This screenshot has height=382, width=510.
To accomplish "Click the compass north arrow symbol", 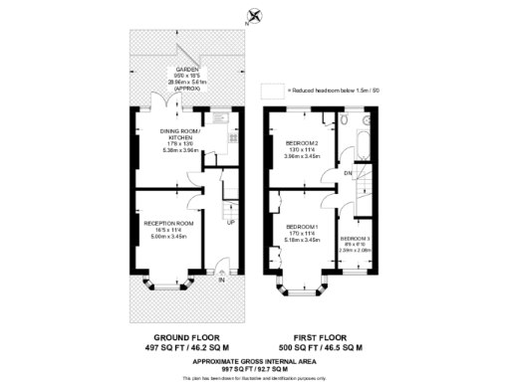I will (255, 15).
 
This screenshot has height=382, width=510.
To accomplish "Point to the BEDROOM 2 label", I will (300, 141).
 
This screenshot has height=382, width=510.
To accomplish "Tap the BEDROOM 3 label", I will (356, 239).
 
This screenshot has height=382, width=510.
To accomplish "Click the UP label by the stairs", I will (232, 223).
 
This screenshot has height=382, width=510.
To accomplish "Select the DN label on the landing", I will (349, 173).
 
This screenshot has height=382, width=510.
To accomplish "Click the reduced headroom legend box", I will (271, 91).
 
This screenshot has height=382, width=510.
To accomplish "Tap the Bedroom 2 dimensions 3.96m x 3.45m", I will (300, 157).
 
